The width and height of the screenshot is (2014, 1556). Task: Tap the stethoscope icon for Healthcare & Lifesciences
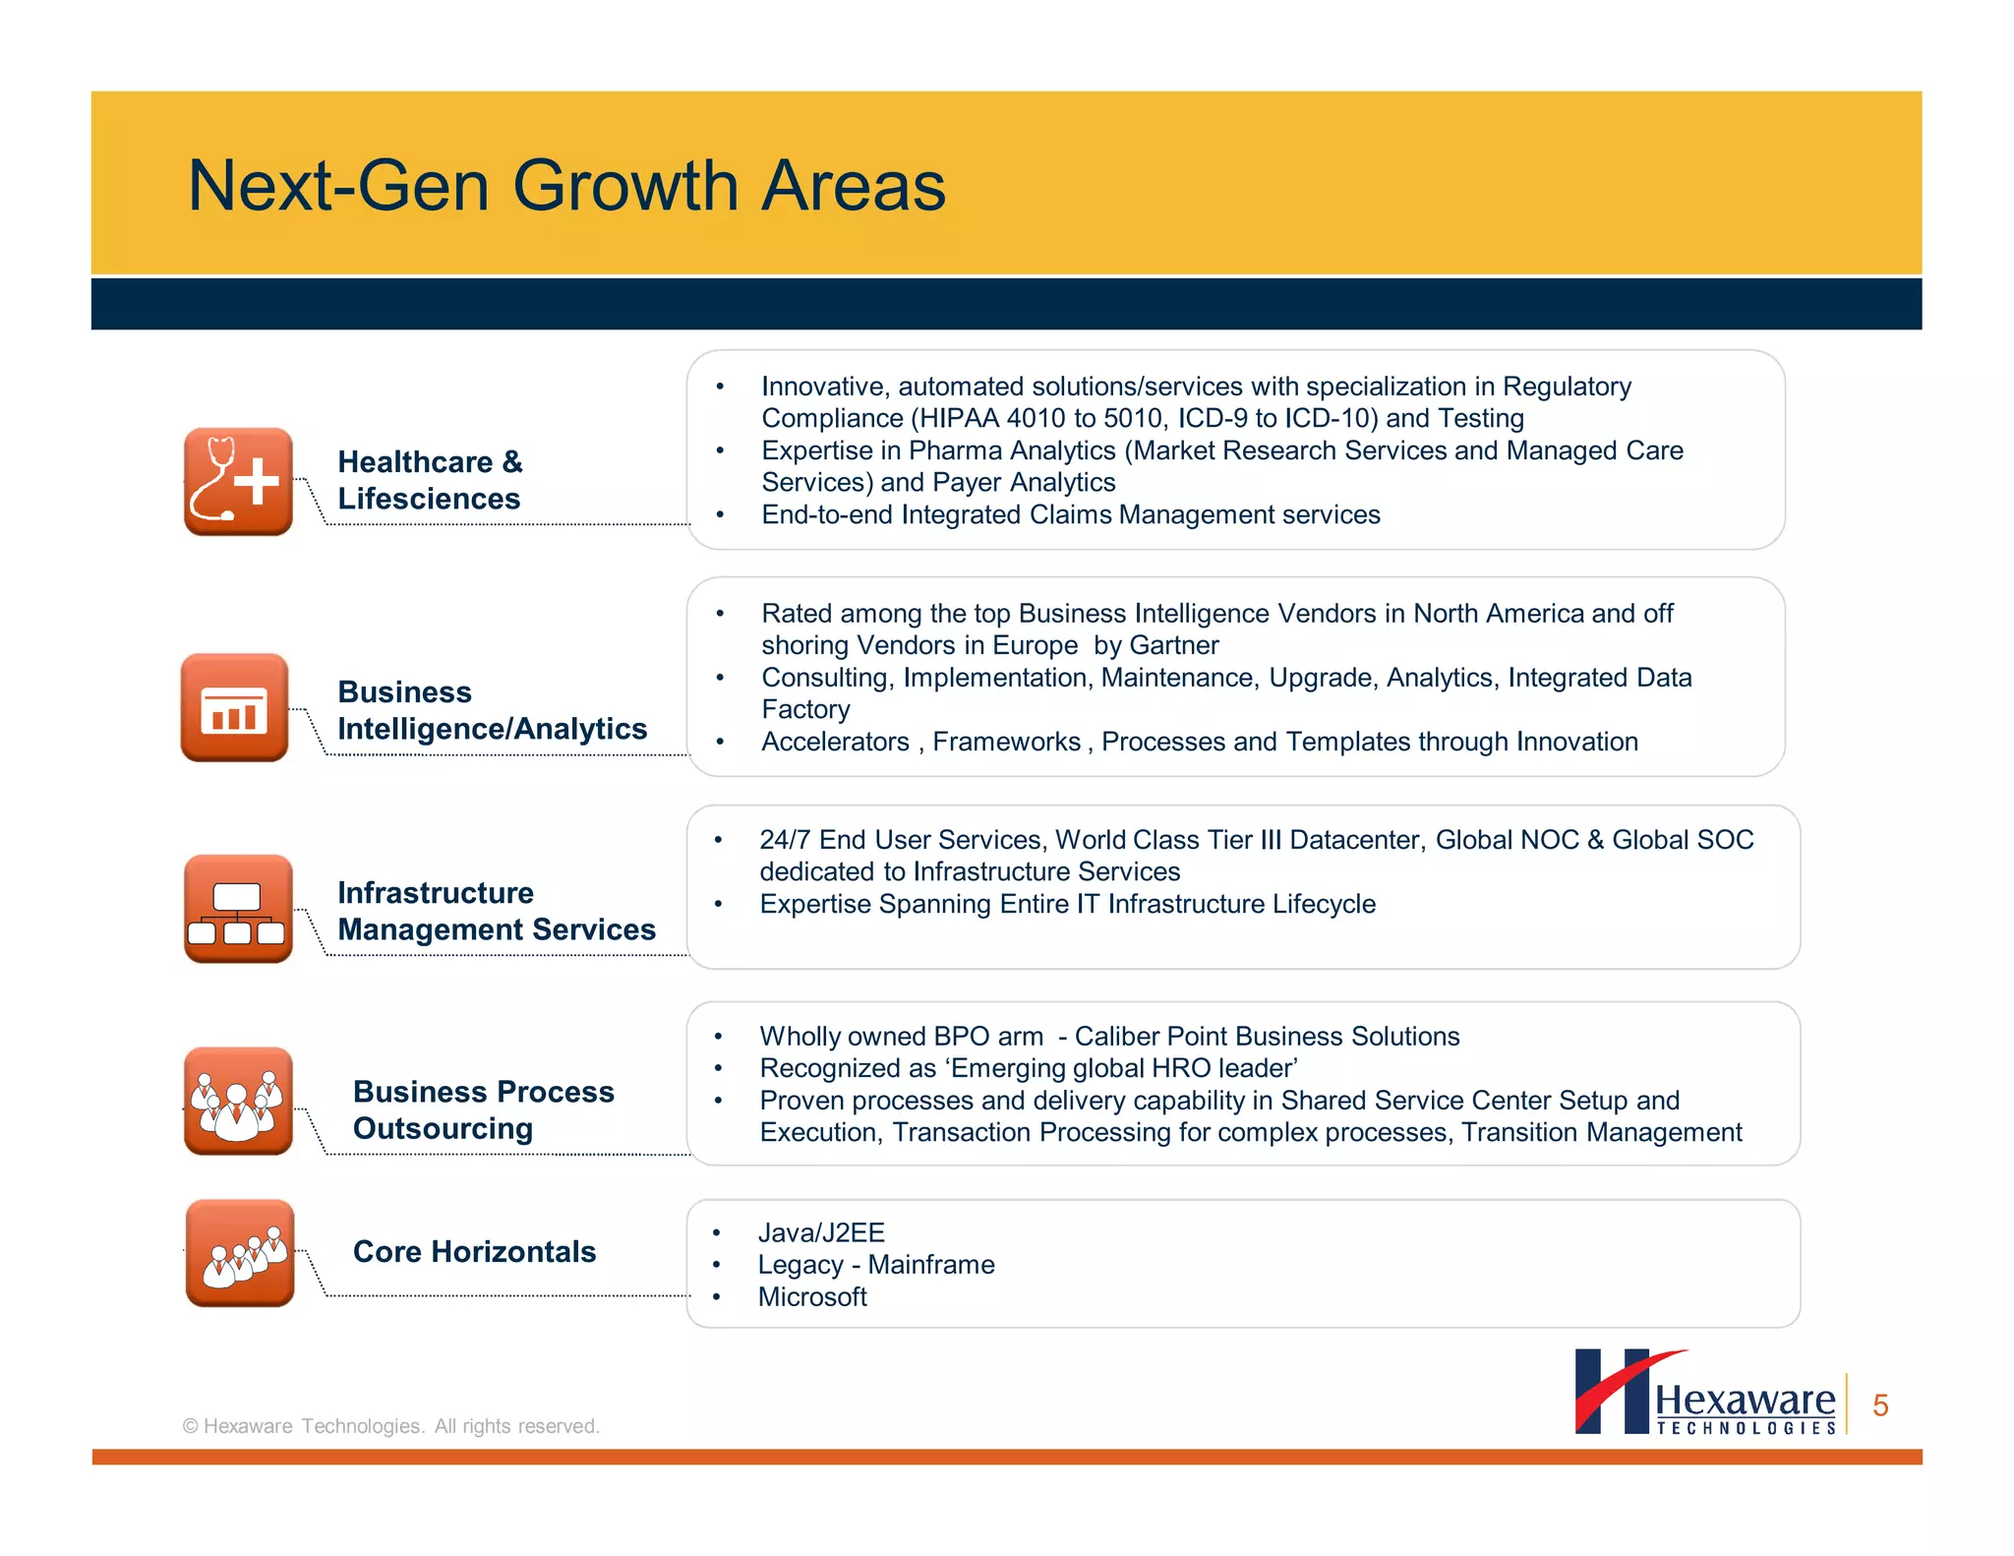tap(238, 481)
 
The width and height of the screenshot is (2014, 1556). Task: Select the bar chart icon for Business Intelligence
tap(235, 707)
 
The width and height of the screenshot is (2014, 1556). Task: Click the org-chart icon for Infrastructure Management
tap(238, 908)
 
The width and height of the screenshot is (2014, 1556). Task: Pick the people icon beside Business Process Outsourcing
tap(238, 1101)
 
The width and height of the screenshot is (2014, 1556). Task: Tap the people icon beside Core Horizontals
tap(240, 1253)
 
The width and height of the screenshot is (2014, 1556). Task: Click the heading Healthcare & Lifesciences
tap(430, 480)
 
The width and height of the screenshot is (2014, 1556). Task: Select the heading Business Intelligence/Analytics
tap(492, 710)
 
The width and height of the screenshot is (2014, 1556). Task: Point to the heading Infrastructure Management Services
tap(496, 911)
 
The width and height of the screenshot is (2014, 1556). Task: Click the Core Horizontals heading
tap(474, 1251)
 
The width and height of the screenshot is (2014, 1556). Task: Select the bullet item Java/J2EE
tap(821, 1232)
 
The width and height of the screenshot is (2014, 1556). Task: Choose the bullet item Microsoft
tap(812, 1297)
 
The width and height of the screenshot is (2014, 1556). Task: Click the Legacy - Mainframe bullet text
tap(876, 1265)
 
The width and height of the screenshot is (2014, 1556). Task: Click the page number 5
tap(1880, 1406)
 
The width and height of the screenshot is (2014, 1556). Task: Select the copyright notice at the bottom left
tap(391, 1426)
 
